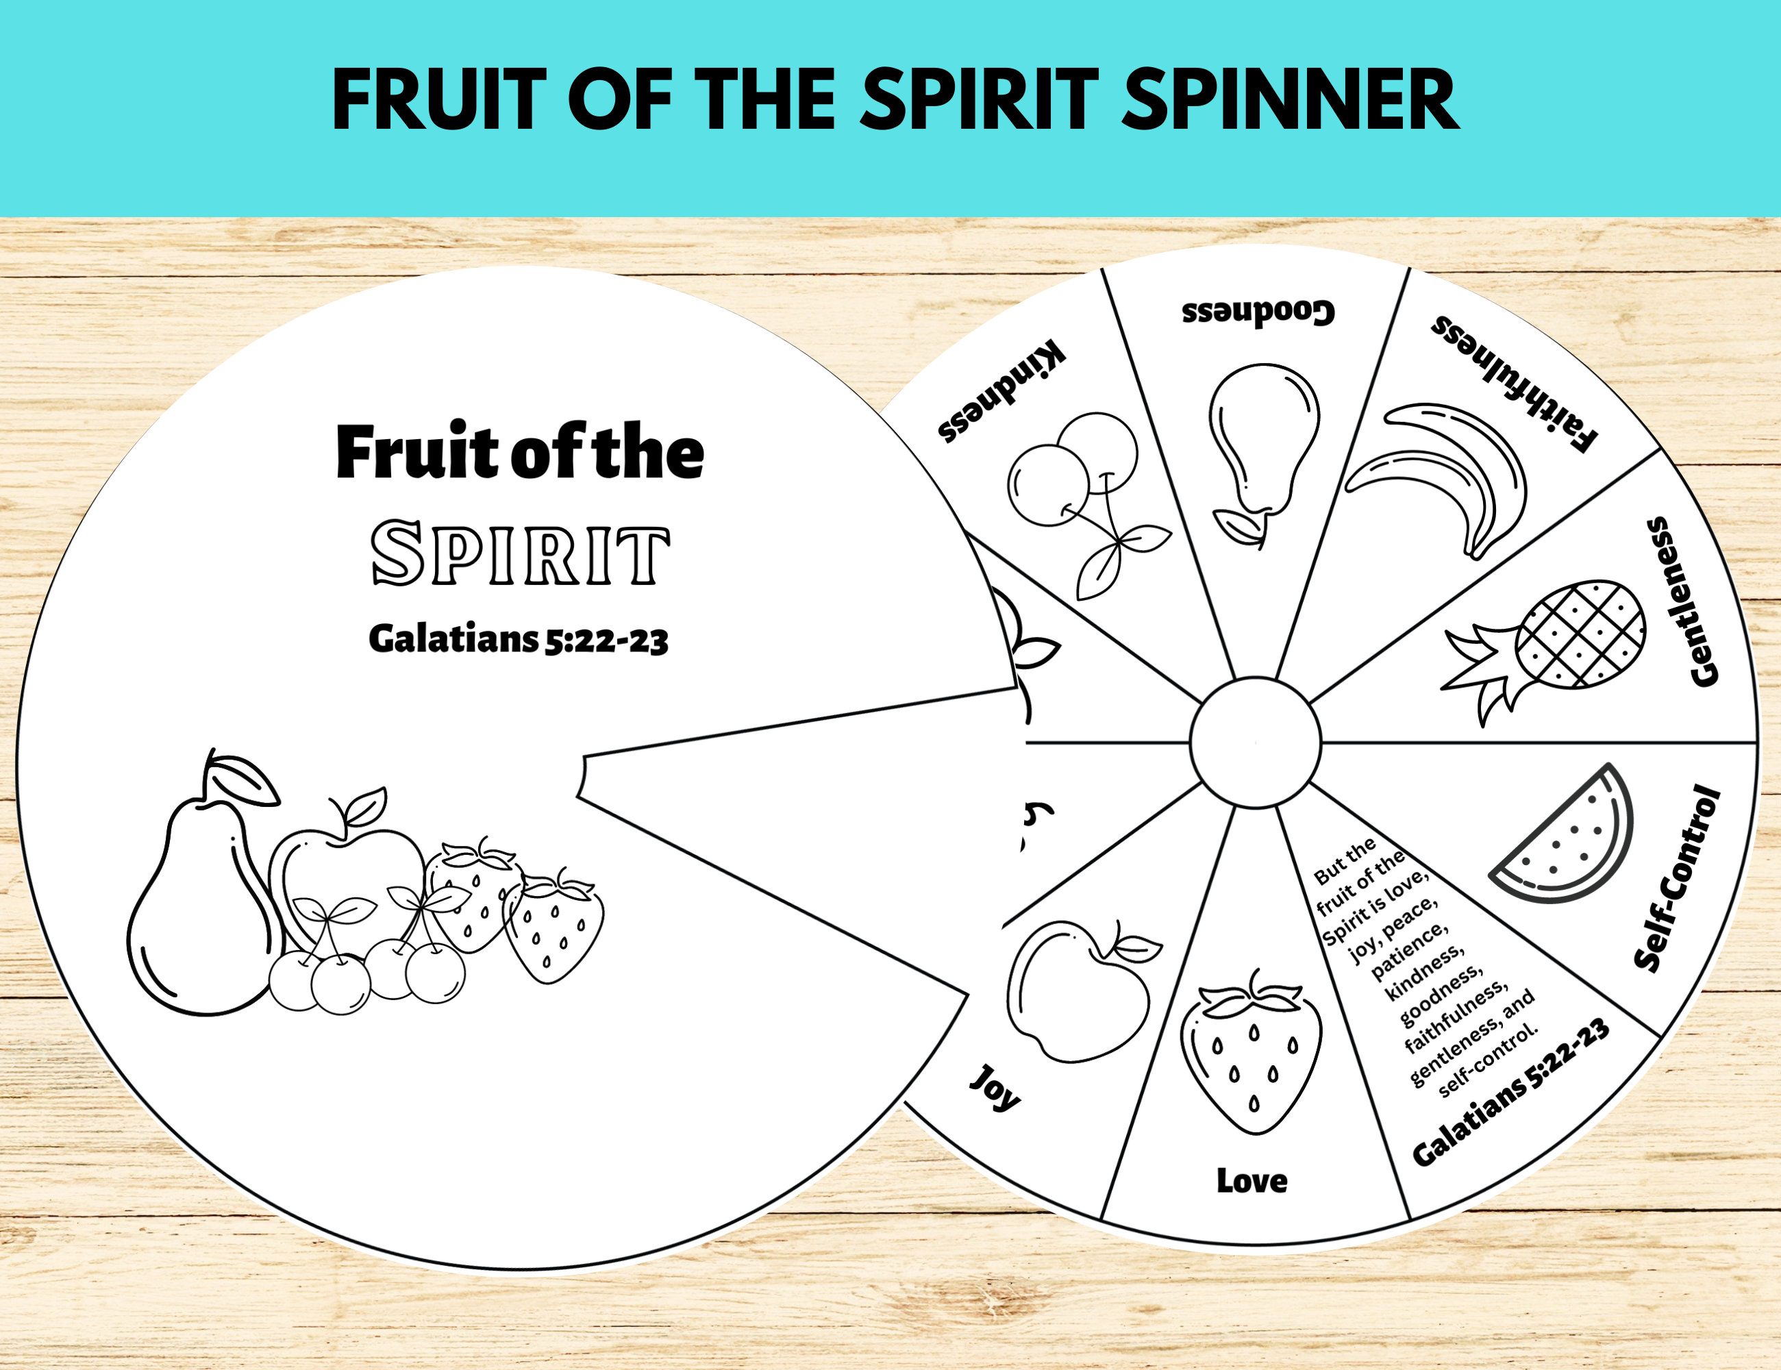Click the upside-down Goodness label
pyautogui.click(x=1258, y=312)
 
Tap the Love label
pyautogui.click(x=1251, y=1181)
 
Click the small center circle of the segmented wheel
pyautogui.click(x=1255, y=743)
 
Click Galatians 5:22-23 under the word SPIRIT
pyautogui.click(x=519, y=638)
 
